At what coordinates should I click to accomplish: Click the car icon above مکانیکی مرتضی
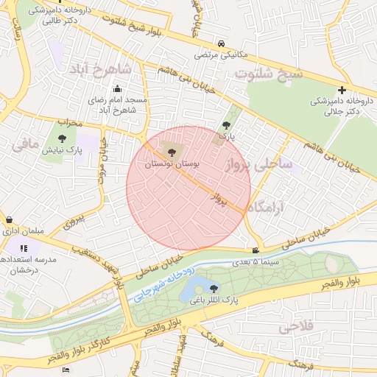[x=222, y=43]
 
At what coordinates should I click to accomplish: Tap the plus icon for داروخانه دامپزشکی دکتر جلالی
[x=342, y=90]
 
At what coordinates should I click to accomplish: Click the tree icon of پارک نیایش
[x=61, y=138]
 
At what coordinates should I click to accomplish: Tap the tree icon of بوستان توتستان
[x=171, y=152]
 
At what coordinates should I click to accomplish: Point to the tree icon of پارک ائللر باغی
[x=214, y=288]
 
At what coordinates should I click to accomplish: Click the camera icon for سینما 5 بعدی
[x=256, y=250]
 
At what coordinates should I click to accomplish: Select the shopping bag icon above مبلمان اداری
[x=9, y=219]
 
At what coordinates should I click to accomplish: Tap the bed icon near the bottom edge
[x=66, y=370]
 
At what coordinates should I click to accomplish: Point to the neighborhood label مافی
[x=25, y=146]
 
